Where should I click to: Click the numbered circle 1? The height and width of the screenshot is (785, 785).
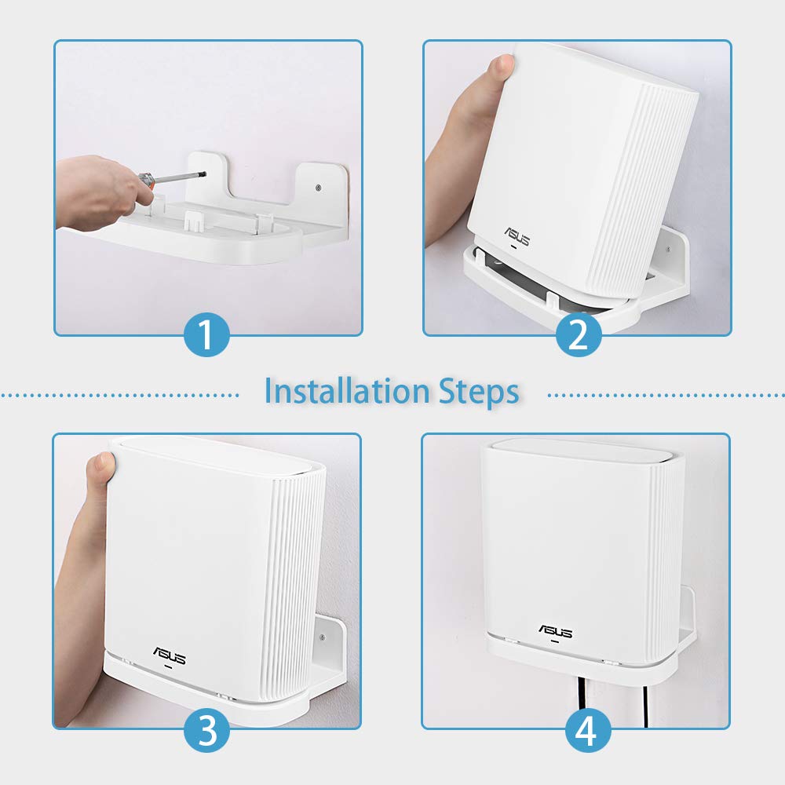(x=206, y=335)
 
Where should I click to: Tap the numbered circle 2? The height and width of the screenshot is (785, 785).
(x=578, y=335)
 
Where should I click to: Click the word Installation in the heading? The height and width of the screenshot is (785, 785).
(x=347, y=391)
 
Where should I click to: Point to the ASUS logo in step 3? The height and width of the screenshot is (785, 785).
(x=169, y=655)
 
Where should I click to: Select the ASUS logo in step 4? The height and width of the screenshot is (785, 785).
(x=555, y=631)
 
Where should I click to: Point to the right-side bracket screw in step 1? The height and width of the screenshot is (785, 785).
(x=317, y=188)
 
